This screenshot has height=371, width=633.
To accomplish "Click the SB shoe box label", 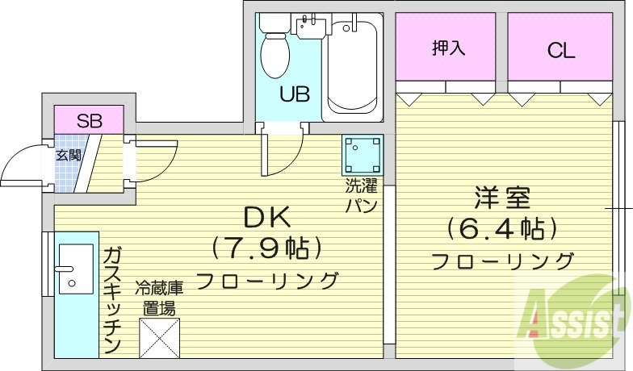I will point(89,122).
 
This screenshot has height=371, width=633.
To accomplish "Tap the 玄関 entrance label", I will point(68,155).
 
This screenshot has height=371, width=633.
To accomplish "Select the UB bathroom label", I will point(293,94).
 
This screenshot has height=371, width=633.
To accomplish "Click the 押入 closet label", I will point(450,48).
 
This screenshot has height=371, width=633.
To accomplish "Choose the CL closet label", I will point(560,51).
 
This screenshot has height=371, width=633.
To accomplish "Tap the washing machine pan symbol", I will point(362,152).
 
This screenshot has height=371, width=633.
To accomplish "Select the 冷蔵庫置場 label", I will point(159,297).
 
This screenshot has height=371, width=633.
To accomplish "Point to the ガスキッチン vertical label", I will point(111,299).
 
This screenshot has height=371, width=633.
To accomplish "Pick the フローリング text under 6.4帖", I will point(502,261).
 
